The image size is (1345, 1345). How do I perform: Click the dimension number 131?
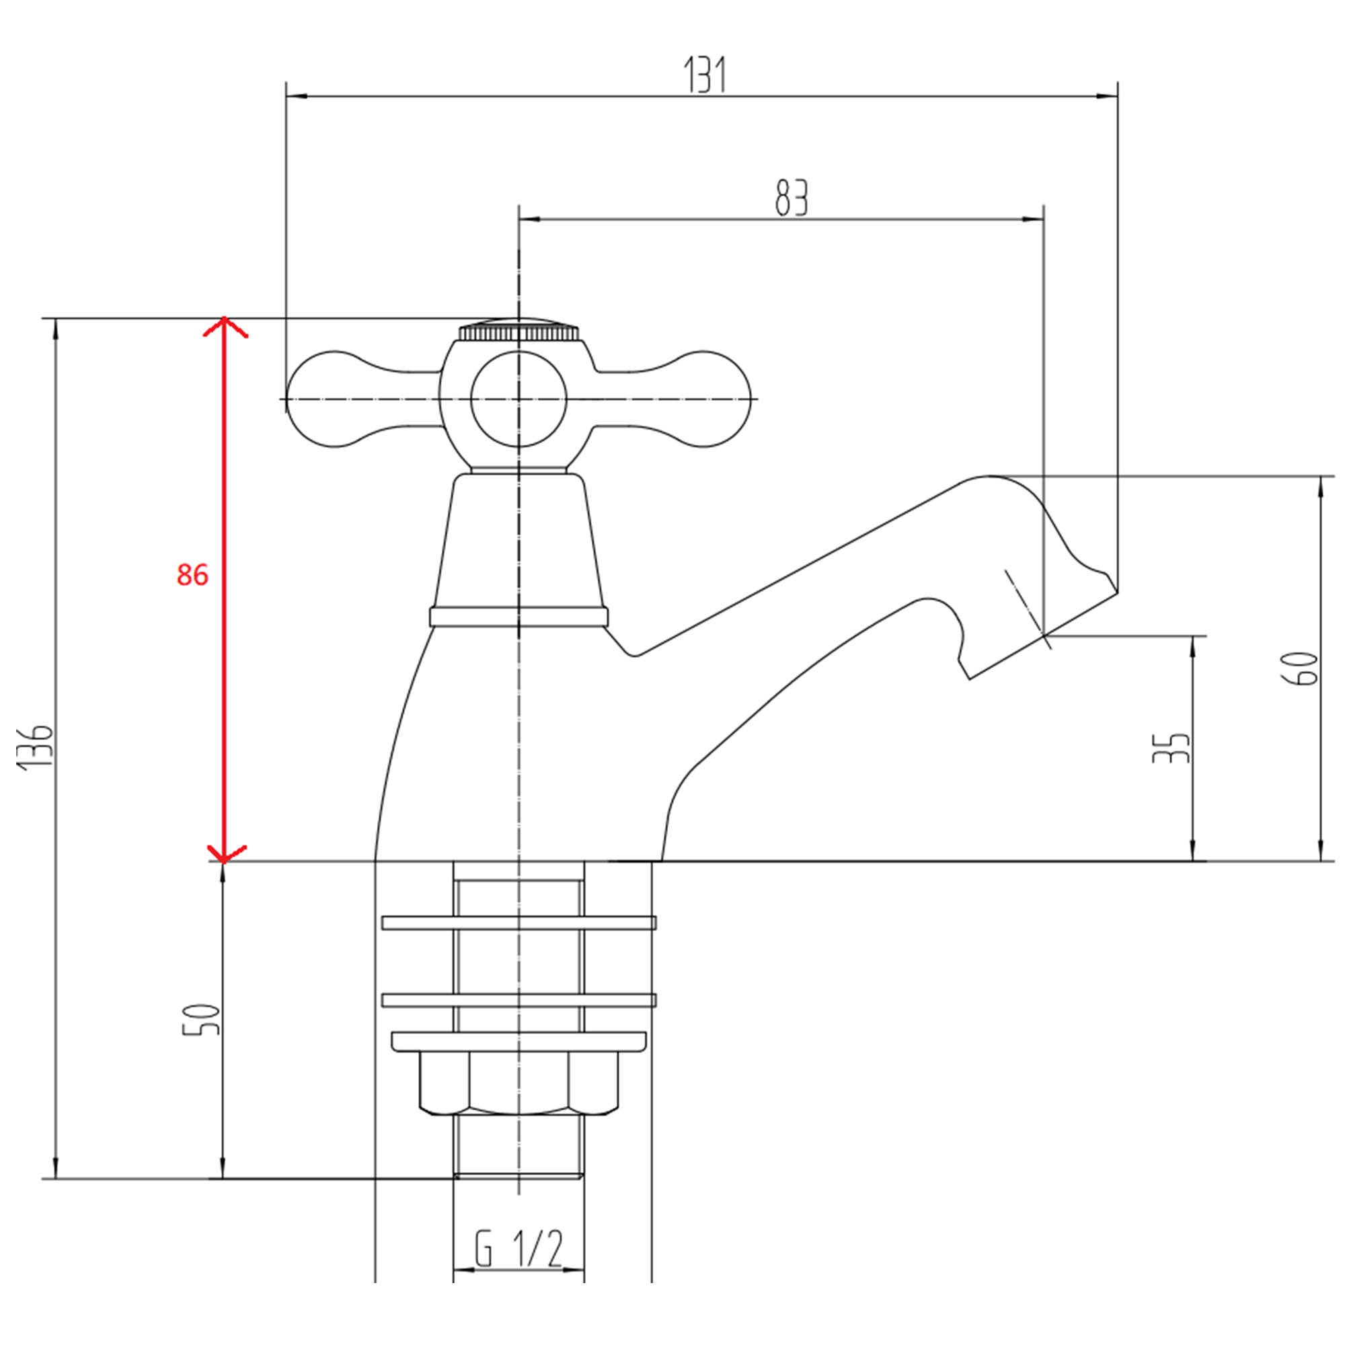pyautogui.click(x=705, y=75)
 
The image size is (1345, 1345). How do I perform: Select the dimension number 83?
pyautogui.click(x=792, y=198)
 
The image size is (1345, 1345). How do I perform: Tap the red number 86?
pyautogui.click(x=192, y=575)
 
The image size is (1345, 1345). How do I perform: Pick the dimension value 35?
pyautogui.click(x=1171, y=748)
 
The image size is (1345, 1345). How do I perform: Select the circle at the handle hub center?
pyautogui.click(x=518, y=399)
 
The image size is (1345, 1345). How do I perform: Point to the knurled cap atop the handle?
pyautogui.click(x=518, y=331)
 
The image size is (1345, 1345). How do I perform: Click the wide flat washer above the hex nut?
pyautogui.click(x=518, y=1042)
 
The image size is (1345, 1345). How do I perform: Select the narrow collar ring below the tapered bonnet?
pyautogui.click(x=518, y=617)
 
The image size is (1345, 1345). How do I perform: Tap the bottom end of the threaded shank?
pyautogui.click(x=518, y=1176)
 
